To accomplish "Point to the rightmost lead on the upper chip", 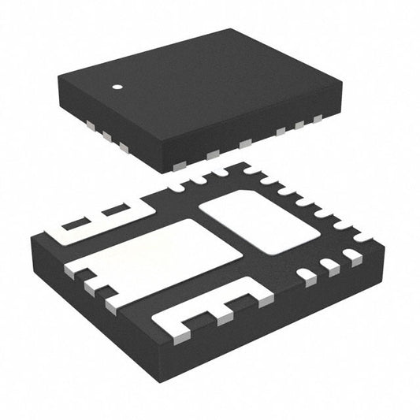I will click(318, 120).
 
